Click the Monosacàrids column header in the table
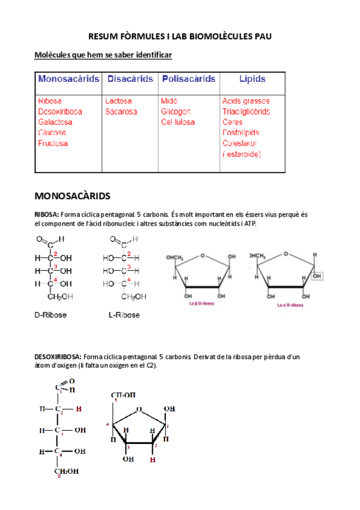pos(69,79)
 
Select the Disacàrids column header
pos(130,79)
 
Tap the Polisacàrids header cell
pos(188,79)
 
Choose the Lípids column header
pos(252,79)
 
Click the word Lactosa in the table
pos(118,101)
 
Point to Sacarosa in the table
pos(121,111)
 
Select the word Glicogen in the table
pos(175,111)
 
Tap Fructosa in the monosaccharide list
pos(53,143)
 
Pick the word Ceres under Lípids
pos(232,122)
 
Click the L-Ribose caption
pos(124,315)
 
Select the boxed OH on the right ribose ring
pos(318,276)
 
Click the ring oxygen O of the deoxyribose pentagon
pos(139,410)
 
